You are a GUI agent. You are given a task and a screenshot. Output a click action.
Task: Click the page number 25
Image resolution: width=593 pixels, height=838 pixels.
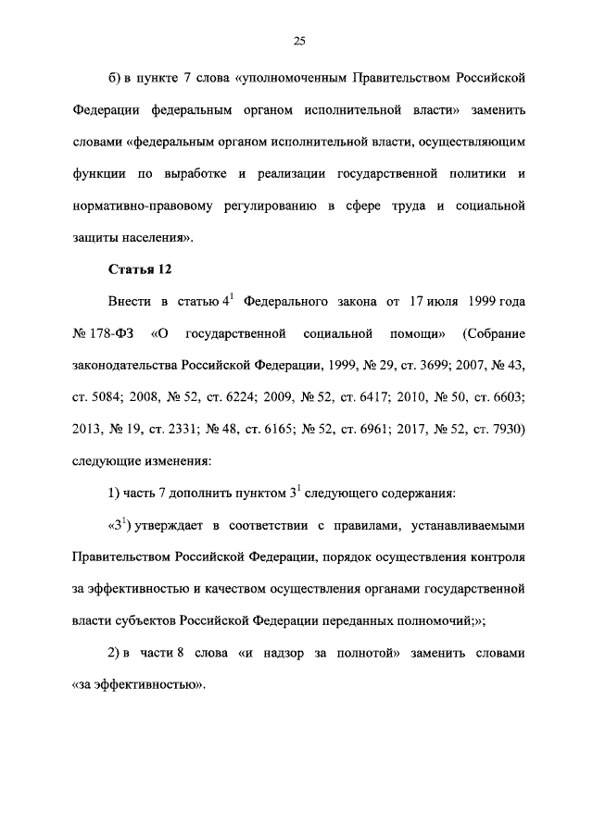tap(299, 40)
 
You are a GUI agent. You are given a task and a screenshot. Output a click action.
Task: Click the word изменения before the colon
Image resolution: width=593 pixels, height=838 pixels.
tap(178, 460)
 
